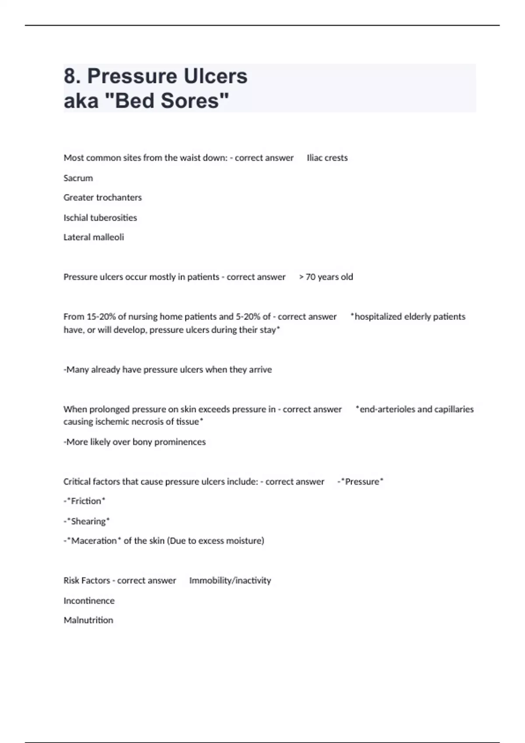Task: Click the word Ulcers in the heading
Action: tap(215, 76)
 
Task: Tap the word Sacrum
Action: tap(78, 178)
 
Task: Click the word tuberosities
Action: tap(113, 218)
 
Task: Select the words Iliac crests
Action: tap(327, 158)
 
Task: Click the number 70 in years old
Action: tap(311, 277)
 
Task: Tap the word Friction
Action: tap(86, 501)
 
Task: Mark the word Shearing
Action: tap(88, 521)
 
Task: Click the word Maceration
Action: tap(94, 541)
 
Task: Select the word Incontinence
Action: tap(89, 601)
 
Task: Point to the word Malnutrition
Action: tap(88, 620)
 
